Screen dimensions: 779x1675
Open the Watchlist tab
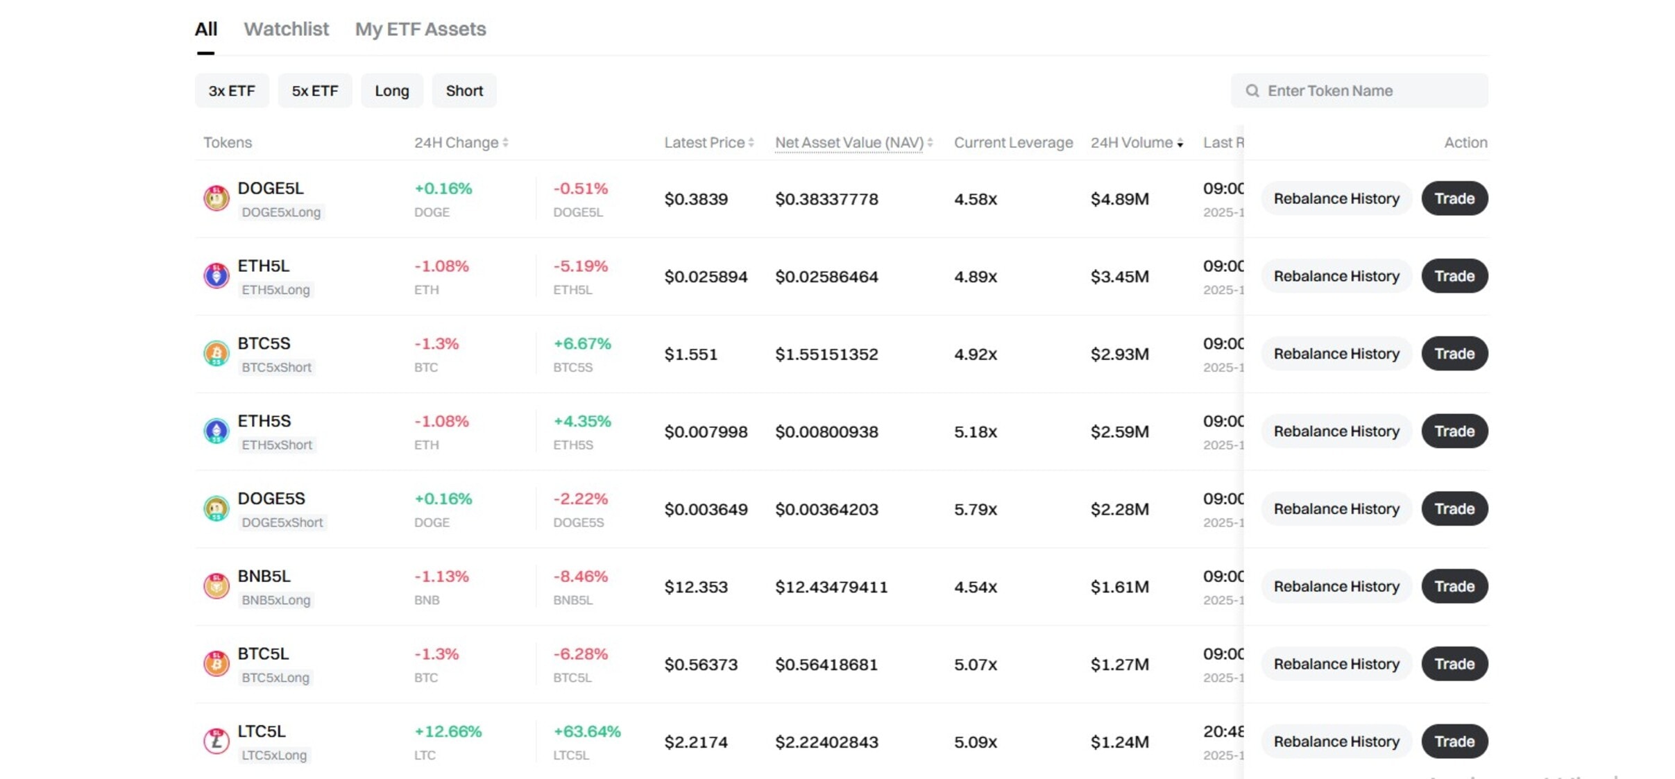pyautogui.click(x=286, y=29)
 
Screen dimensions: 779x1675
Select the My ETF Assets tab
pyautogui.click(x=420, y=29)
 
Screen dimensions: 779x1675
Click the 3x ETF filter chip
pyautogui.click(x=232, y=91)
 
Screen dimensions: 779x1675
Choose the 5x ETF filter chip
pyautogui.click(x=315, y=91)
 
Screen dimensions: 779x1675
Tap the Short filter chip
pyautogui.click(x=464, y=91)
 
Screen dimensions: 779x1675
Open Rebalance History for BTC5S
pyautogui.click(x=1336, y=354)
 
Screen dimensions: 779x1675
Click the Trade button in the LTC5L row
pyautogui.click(x=1454, y=742)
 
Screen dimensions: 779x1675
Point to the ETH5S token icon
pyautogui.click(x=216, y=431)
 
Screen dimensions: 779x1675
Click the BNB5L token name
pyautogui.click(x=264, y=576)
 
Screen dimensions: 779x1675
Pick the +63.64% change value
pyautogui.click(x=587, y=732)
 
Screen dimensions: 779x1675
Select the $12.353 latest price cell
pyautogui.click(x=696, y=587)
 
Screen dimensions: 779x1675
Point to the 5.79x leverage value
pyautogui.click(x=975, y=509)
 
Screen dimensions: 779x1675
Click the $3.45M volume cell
pyautogui.click(x=1119, y=277)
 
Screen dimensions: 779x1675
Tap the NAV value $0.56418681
pyautogui.click(x=826, y=665)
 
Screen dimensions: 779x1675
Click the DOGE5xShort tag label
pyautogui.click(x=282, y=522)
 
